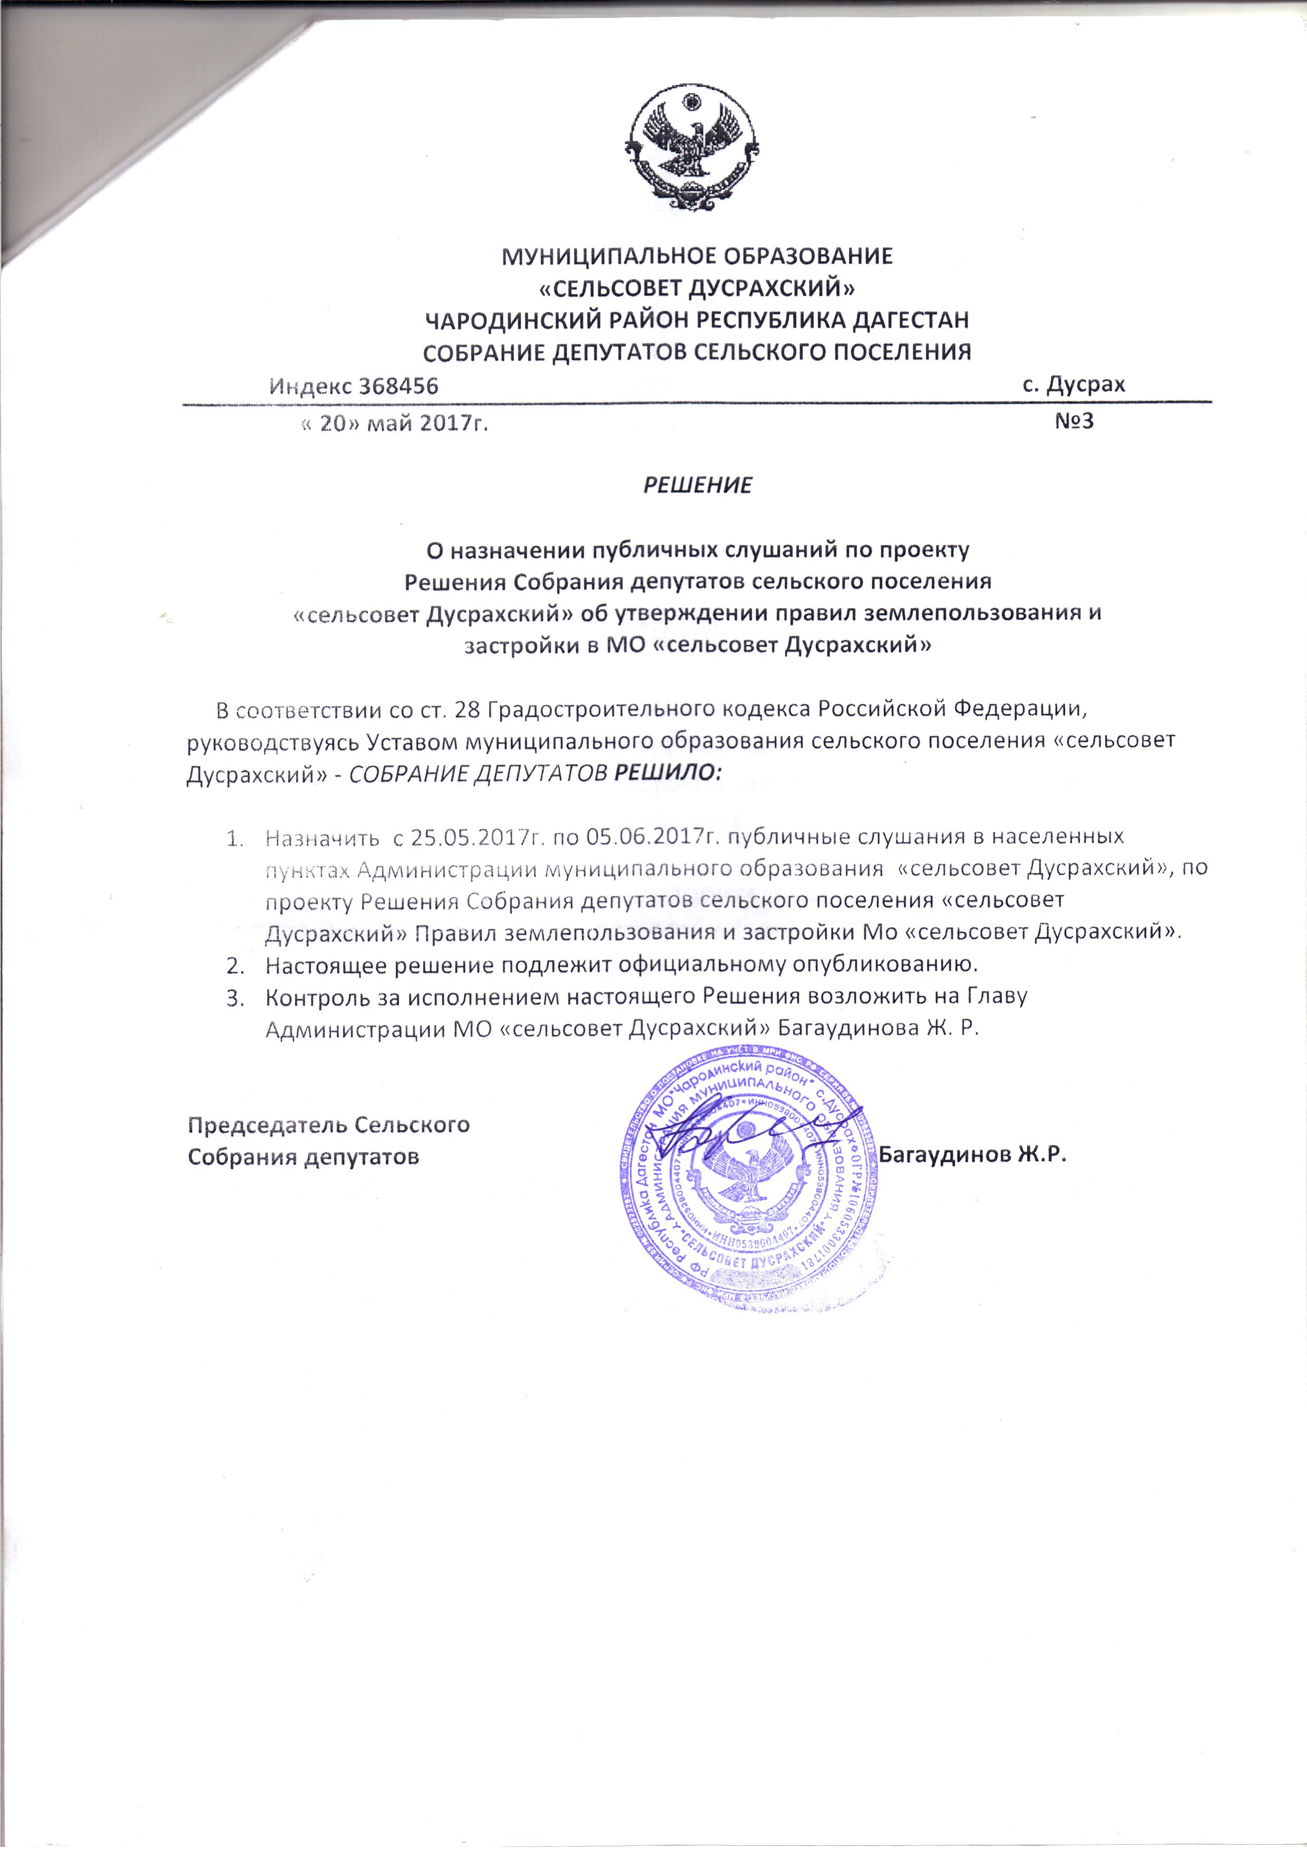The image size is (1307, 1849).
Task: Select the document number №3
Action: pos(1074,421)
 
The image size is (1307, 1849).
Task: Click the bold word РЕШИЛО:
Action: pos(668,773)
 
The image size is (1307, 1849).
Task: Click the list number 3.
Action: pos(235,998)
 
